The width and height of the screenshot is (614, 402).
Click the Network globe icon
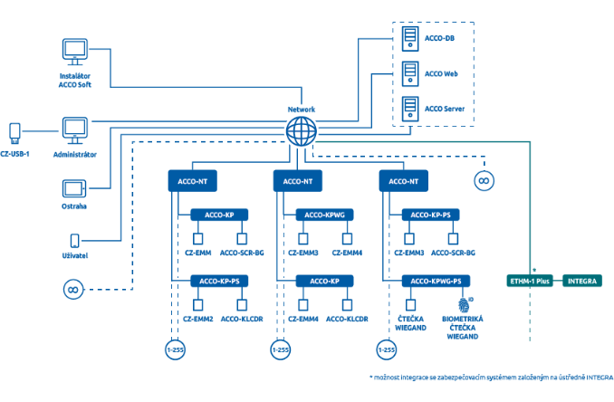(x=302, y=131)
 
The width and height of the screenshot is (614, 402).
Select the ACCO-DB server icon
(x=410, y=39)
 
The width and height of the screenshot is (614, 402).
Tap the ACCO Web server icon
(x=410, y=73)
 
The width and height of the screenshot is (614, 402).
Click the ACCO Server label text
(x=445, y=109)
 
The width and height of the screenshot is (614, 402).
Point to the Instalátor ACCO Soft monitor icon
(x=75, y=52)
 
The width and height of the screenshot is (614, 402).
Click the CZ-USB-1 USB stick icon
(x=14, y=133)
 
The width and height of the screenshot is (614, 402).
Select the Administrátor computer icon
(x=75, y=130)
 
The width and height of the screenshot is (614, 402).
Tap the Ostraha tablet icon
(x=74, y=188)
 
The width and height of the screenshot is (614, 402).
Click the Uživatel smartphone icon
(x=74, y=241)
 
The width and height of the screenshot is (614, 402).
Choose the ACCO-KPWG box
(x=324, y=215)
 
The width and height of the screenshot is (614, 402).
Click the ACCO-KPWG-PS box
(x=436, y=281)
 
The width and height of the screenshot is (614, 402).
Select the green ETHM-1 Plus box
(x=530, y=281)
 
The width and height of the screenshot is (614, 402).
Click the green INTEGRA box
(x=582, y=281)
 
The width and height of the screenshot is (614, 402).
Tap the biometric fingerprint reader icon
(x=464, y=304)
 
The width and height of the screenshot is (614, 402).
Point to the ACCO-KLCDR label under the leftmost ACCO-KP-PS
(x=242, y=319)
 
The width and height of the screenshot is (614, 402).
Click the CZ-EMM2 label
(x=198, y=319)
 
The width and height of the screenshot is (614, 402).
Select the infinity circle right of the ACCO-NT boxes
(x=484, y=181)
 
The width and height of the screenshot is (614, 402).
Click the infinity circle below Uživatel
(x=73, y=290)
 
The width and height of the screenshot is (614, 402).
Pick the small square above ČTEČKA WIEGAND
(x=410, y=305)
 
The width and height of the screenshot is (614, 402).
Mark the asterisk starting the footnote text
(x=371, y=377)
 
